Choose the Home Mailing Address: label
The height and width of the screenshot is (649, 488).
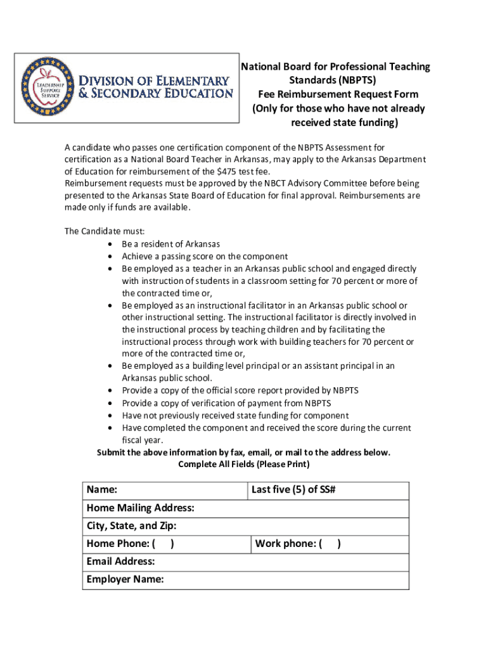pos(140,508)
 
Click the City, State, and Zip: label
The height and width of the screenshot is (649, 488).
pos(131,526)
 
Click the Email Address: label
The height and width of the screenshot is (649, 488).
pos(120,562)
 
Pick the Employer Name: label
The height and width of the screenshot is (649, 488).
pos(125,579)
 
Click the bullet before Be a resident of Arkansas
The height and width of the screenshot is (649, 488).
pos(110,245)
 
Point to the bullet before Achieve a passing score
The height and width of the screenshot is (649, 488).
pos(110,257)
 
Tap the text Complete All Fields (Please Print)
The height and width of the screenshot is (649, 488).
pos(244,465)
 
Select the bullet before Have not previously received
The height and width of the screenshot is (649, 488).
pos(110,416)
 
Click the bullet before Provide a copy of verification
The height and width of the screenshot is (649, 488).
pos(110,404)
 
